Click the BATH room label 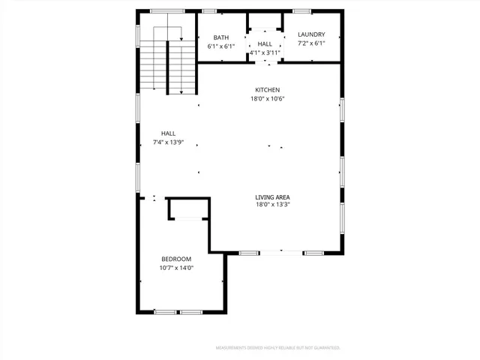220,37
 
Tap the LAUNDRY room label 311,34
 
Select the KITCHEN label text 268,90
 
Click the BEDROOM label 176,259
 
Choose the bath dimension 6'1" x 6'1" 221,46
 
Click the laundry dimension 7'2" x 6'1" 311,43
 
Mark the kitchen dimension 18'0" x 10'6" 268,99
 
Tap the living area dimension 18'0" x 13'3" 273,204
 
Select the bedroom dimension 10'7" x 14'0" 176,268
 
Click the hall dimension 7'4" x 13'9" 168,142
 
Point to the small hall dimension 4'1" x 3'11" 265,52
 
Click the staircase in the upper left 168,64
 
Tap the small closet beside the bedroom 187,208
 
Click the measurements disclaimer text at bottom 278,348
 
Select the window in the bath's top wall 209,11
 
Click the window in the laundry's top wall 302,11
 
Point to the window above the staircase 167,11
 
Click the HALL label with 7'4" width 168,133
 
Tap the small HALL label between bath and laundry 265,44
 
